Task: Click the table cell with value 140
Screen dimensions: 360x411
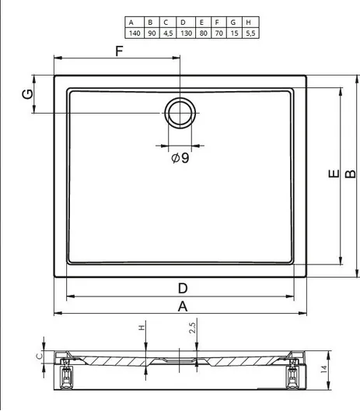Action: (x=135, y=33)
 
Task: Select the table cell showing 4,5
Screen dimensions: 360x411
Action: (x=168, y=33)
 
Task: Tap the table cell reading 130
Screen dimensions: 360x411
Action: (x=186, y=33)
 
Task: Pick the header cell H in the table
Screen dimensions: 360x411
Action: (x=251, y=23)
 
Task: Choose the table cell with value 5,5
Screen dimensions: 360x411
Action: (x=251, y=33)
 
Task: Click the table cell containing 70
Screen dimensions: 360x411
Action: (x=219, y=33)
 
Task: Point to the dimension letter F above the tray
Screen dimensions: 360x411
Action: (x=119, y=51)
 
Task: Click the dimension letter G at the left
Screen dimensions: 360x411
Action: (x=28, y=94)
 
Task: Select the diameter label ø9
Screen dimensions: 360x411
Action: (x=180, y=158)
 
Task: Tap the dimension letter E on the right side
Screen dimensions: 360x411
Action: (x=334, y=174)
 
